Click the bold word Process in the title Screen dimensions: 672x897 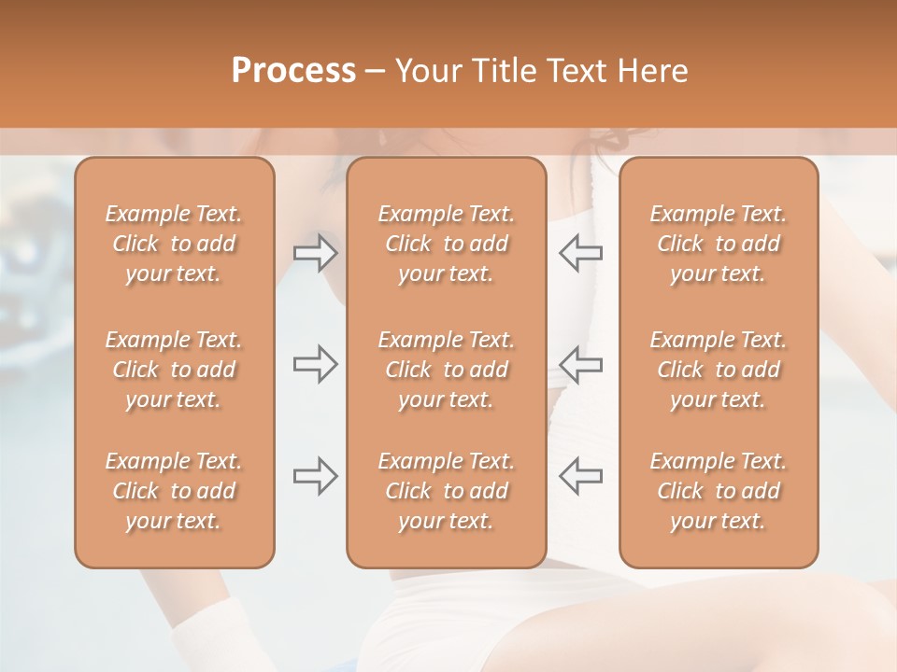tap(293, 71)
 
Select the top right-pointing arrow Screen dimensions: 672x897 tap(315, 254)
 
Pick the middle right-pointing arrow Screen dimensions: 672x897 tap(315, 364)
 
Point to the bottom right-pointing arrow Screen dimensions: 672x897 tap(315, 476)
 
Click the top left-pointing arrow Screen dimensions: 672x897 tap(580, 254)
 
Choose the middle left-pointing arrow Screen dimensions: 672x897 tap(580, 364)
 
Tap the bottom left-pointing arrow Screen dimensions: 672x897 tap(580, 476)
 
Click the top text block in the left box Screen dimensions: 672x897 tap(174, 244)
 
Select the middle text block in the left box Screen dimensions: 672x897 tap(174, 370)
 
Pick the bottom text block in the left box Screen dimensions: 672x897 tap(174, 491)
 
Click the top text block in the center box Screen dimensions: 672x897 tap(446, 244)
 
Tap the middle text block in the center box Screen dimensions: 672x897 tap(446, 370)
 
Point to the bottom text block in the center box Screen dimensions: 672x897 tap(446, 491)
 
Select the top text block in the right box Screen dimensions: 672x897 tap(718, 244)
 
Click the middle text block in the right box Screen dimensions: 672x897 tap(718, 370)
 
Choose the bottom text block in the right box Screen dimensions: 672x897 tap(718, 491)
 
